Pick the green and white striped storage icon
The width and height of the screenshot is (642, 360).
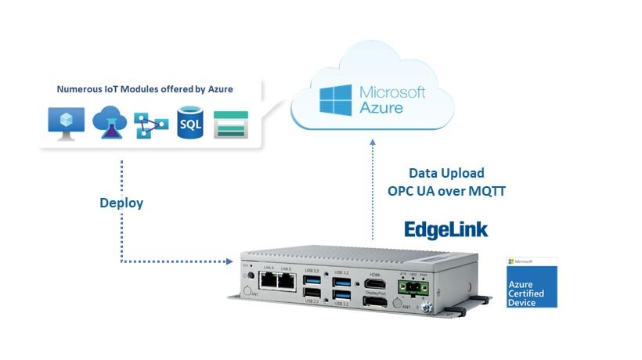[x=231, y=124]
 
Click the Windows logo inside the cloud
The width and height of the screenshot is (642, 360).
[x=335, y=101]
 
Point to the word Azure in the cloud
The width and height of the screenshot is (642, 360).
[x=381, y=108]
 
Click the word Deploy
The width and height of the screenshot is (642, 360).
[x=121, y=203]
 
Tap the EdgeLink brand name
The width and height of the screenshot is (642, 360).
[x=445, y=229]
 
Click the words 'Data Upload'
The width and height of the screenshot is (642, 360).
[x=446, y=173]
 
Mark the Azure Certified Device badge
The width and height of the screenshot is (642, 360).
[x=532, y=281]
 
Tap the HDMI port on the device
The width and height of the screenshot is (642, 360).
[x=373, y=284]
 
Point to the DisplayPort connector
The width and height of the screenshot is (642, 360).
[x=373, y=302]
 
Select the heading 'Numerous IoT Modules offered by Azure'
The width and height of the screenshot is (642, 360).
[x=145, y=89]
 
